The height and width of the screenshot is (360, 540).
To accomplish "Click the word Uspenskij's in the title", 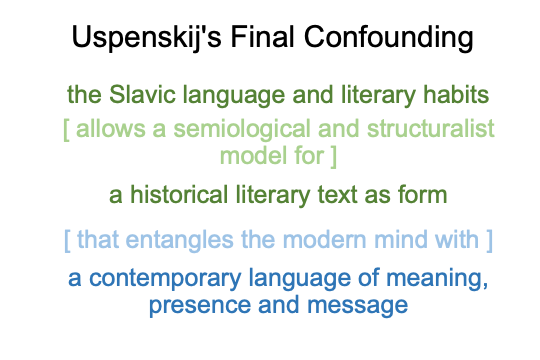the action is [146, 38].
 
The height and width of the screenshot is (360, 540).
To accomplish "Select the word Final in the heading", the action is [262, 37].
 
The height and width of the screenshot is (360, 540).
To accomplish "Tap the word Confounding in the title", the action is [388, 38].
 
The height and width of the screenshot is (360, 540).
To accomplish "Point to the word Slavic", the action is [142, 94].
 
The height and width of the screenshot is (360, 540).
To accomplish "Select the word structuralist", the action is [431, 128].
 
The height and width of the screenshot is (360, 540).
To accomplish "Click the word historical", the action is [179, 195].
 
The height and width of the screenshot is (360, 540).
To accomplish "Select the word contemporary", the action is [165, 279].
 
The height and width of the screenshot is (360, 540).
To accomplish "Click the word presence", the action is [200, 306].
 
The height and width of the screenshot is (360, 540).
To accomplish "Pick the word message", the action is [357, 306].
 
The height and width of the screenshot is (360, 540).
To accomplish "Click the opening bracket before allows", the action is [66, 130].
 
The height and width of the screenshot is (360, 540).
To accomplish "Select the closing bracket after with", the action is [489, 241].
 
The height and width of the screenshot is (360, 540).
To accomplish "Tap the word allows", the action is [111, 128].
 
